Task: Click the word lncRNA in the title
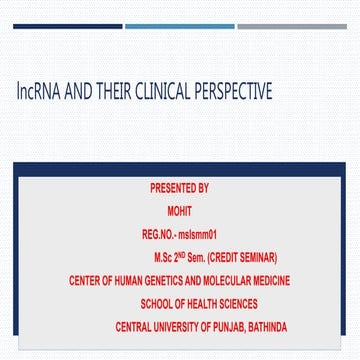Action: [38, 91]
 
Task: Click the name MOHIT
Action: [179, 211]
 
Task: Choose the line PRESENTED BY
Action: [179, 188]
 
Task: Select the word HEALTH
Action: [204, 304]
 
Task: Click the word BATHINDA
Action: [264, 327]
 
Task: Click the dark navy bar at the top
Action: [67, 26]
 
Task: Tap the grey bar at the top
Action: [292, 26]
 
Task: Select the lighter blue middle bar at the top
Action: [179, 26]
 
